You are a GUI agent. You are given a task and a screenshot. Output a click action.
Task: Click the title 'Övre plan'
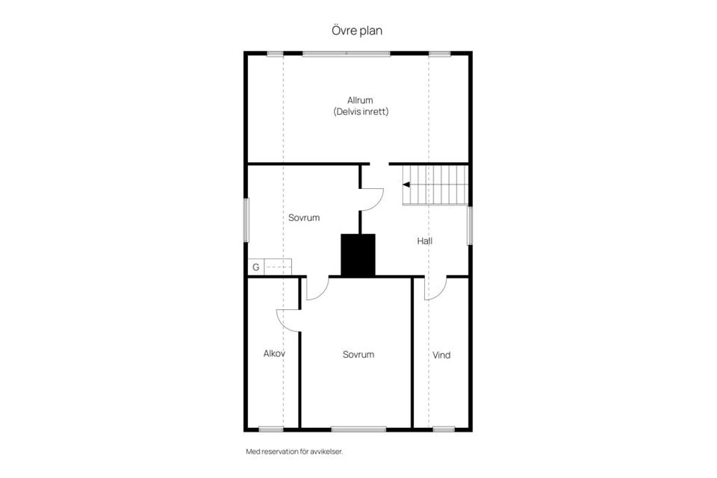point(357,31)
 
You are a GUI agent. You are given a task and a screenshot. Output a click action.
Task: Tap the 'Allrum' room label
point(360,100)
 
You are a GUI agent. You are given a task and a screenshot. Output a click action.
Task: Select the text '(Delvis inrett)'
point(361,111)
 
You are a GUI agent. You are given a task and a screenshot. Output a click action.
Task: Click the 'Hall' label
point(424,240)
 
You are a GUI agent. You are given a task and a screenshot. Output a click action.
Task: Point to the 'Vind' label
point(441,355)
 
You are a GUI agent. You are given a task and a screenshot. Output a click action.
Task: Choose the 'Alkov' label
point(274,353)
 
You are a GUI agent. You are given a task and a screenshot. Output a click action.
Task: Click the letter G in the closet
point(255,267)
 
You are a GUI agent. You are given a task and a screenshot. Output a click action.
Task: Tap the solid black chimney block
point(358,255)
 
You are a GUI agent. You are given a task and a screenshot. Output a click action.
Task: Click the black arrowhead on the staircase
point(406,184)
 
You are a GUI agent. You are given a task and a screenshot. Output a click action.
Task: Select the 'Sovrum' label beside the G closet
point(304,218)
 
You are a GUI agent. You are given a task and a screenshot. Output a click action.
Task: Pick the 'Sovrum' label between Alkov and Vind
point(358,355)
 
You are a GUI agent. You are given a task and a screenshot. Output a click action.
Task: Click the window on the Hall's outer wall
point(470,226)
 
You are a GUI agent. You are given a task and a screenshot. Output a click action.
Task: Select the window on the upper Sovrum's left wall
point(246,220)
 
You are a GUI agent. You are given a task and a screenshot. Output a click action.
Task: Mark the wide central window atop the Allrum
point(346,54)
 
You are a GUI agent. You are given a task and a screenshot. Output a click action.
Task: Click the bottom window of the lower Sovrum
point(358,429)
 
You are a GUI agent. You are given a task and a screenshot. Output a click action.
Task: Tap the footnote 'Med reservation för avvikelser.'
point(294,451)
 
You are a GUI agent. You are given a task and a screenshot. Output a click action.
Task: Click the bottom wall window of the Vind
point(444,429)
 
